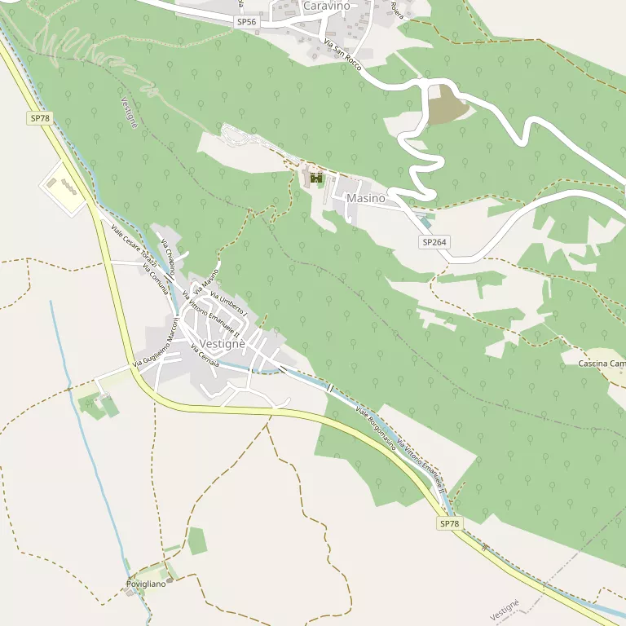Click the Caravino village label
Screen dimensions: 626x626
pos(326,7)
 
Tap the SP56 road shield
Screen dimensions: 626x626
pos(247,22)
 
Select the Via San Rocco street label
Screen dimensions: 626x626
pos(342,54)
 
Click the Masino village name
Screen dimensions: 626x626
pos(365,198)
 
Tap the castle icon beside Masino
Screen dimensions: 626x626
pos(316,178)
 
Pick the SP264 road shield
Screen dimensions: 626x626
pos(435,242)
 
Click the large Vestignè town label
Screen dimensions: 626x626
pos(221,344)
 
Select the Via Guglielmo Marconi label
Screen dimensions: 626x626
pos(156,348)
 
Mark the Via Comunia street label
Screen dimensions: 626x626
pos(155,278)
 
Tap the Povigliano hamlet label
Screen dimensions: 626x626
pos(146,584)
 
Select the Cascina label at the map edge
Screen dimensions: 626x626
pos(602,363)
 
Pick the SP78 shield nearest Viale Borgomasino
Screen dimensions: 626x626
pos(448,523)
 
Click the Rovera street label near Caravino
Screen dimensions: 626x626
pos(397,10)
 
